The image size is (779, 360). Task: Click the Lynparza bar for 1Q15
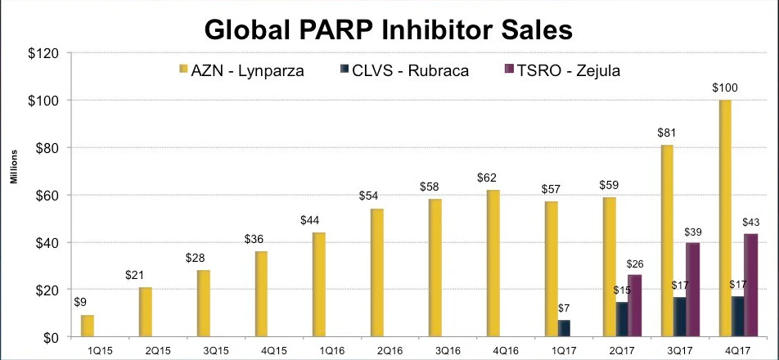[87, 326]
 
